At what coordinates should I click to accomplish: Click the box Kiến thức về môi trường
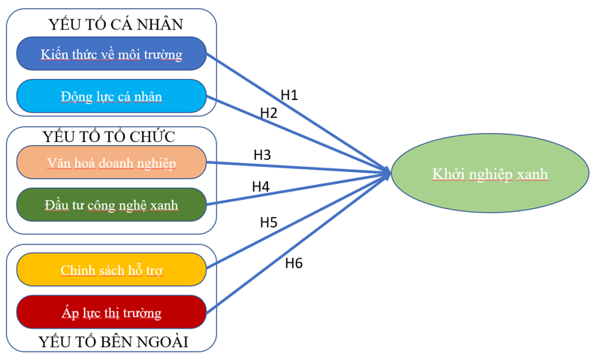tap(111, 53)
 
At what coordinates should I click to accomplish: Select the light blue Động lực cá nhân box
tap(111, 96)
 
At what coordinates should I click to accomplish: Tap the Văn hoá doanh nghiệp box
tap(111, 162)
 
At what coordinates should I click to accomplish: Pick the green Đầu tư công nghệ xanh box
tap(111, 204)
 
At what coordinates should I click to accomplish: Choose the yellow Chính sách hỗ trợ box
tap(111, 270)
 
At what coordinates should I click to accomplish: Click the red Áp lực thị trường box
tap(111, 312)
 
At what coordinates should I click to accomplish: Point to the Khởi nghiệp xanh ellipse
tap(490, 175)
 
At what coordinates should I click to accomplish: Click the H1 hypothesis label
tap(289, 95)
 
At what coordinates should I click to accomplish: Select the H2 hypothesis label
tap(269, 113)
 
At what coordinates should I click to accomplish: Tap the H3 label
tap(262, 155)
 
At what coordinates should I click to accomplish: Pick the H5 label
tap(269, 222)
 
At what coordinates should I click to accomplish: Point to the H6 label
tap(294, 262)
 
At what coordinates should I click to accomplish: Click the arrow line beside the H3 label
tap(301, 167)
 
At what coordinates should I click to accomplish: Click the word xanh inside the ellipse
tap(532, 174)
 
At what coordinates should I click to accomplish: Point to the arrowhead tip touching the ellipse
tap(391, 174)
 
